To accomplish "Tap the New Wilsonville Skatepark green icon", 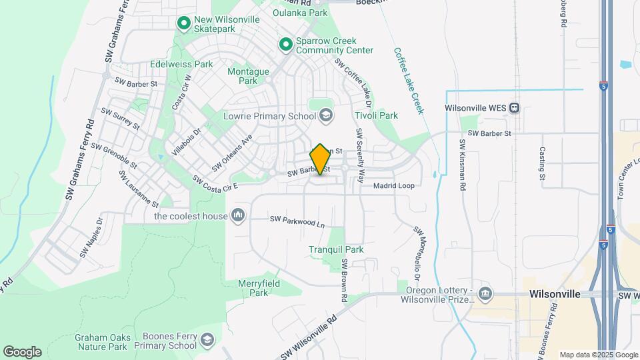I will point(184,23).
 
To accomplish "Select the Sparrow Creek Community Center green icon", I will point(285,45).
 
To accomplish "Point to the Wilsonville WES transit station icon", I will point(514,108).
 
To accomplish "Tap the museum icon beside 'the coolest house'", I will point(238,215).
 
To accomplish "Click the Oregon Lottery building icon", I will point(485,293).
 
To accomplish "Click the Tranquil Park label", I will point(336,249).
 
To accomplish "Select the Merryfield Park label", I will point(259,288).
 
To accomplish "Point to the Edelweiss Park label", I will point(181,65).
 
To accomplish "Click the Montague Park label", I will point(248,76).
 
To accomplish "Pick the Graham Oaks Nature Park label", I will point(101,342).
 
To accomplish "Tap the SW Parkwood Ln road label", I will point(297,221).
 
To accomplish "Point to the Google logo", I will point(22,352).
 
